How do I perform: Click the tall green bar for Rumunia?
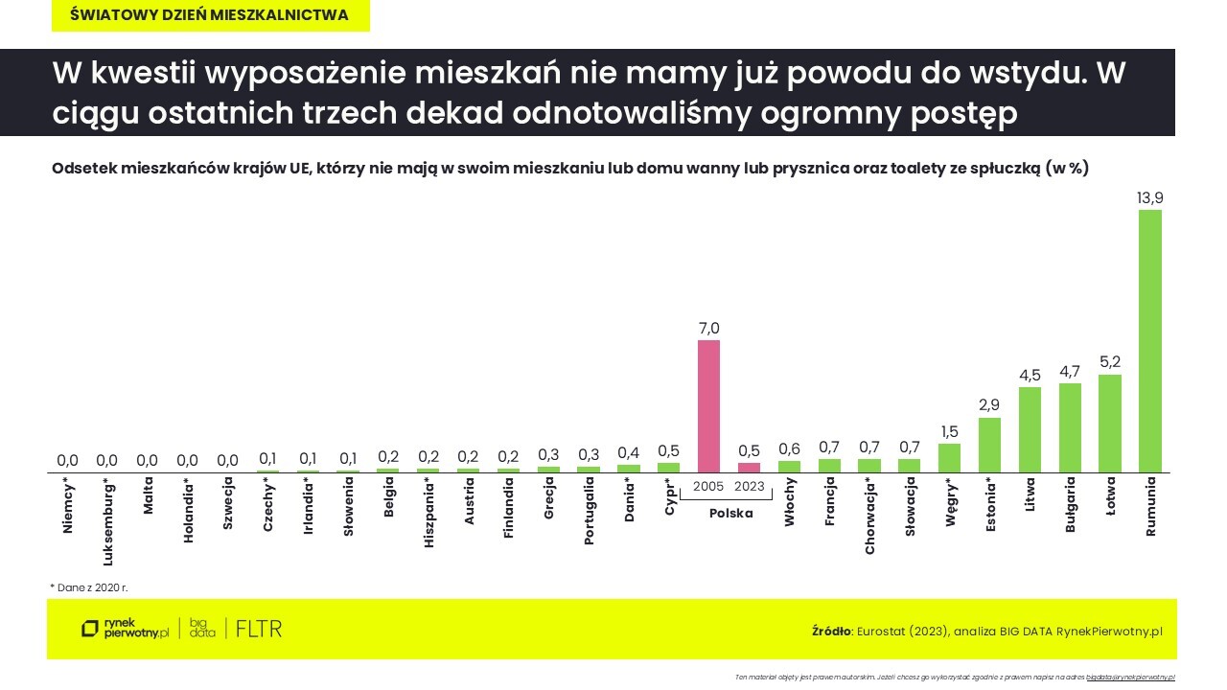pyautogui.click(x=1149, y=340)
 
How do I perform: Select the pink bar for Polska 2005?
pyautogui.click(x=708, y=406)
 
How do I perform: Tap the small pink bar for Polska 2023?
pyautogui.click(x=749, y=468)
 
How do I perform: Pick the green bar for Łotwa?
pyautogui.click(x=1109, y=423)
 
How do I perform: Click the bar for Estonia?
pyautogui.click(x=989, y=445)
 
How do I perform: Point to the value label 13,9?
pyautogui.click(x=1149, y=197)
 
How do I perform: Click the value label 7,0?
pyautogui.click(x=708, y=328)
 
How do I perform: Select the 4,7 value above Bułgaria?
pyautogui.click(x=1070, y=371)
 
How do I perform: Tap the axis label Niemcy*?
pyautogui.click(x=67, y=505)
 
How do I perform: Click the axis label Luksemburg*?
pyautogui.click(x=107, y=517)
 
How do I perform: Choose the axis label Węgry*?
pyautogui.click(x=950, y=502)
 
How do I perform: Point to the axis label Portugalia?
pyautogui.click(x=589, y=511)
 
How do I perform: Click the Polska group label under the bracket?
pyautogui.click(x=730, y=514)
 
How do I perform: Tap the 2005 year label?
pyautogui.click(x=708, y=486)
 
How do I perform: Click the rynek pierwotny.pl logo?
pyautogui.click(x=125, y=629)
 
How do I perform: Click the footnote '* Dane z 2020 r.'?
pyautogui.click(x=89, y=586)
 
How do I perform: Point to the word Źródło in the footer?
pyautogui.click(x=831, y=632)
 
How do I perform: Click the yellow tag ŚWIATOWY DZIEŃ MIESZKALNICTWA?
pyautogui.click(x=210, y=15)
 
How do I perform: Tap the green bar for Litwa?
pyautogui.click(x=1030, y=429)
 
